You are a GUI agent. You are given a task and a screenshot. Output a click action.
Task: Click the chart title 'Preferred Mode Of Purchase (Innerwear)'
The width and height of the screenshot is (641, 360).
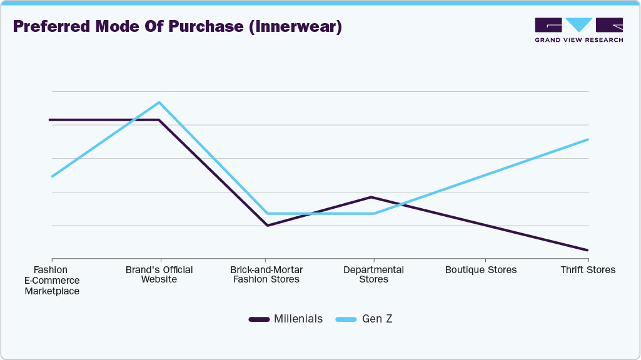177,27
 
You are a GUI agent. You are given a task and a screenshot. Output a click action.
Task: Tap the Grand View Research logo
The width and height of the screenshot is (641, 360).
578,30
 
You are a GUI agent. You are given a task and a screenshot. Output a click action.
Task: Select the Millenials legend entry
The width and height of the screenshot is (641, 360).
286,319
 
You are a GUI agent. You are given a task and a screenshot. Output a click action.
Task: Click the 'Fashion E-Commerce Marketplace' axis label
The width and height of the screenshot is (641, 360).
51,280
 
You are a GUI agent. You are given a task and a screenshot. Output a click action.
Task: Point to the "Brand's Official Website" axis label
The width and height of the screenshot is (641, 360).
159,274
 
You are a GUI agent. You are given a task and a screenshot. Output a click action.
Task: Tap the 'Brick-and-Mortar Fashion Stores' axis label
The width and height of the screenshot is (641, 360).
266,274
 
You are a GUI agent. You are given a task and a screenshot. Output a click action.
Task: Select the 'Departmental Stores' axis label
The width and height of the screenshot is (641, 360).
373,274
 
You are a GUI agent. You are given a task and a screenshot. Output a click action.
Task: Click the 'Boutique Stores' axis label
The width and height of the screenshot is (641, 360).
481,270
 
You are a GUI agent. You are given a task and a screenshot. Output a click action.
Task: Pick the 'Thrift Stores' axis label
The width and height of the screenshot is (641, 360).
588,270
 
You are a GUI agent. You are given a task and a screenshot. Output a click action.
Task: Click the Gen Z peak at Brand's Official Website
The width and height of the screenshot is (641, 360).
159,102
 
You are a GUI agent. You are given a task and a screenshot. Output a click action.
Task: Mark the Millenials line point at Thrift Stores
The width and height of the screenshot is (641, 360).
587,250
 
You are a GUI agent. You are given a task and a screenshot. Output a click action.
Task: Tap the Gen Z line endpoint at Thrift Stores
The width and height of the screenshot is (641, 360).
587,139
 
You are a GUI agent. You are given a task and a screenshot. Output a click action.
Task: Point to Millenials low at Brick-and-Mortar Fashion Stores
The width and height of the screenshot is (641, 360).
267,225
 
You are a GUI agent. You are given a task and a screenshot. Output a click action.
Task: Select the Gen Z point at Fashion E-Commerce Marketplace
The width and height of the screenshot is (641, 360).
53,176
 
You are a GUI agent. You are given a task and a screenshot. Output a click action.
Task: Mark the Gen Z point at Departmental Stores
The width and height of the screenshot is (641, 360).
374,214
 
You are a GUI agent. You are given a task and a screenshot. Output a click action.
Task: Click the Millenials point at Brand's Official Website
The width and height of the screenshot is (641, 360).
159,120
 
